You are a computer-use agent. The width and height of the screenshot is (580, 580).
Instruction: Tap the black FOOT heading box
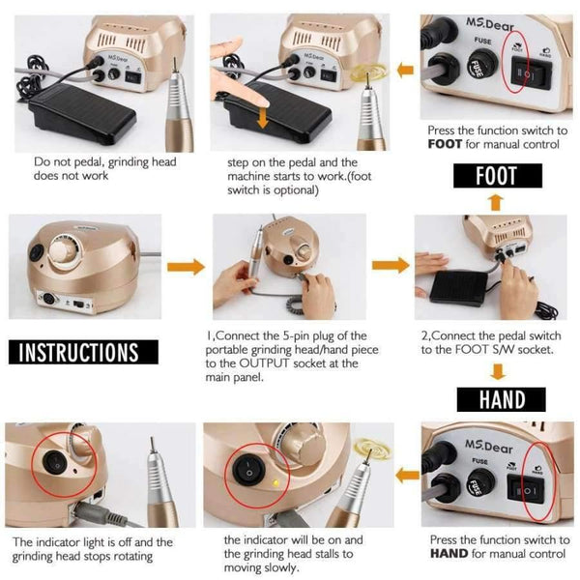(x=496, y=176)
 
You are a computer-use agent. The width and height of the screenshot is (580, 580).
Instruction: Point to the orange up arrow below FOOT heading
(x=496, y=202)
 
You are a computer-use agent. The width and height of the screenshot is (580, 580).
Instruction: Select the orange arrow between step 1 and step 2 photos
(x=390, y=265)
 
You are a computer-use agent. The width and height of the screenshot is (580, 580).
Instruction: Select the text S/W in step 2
(x=504, y=349)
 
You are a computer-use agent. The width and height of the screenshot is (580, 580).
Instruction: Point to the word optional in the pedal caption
(x=296, y=190)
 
